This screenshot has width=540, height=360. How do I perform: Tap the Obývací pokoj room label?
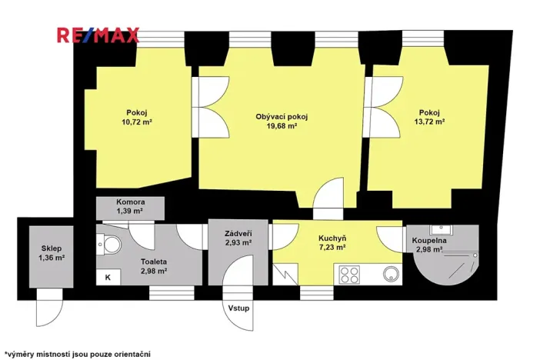click(282, 117)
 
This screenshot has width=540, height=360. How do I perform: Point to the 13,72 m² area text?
click(430, 122)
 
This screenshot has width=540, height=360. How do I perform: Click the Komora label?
click(129, 202)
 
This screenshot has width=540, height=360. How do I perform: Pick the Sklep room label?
click(52, 250)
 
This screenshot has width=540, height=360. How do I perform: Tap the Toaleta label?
click(154, 262)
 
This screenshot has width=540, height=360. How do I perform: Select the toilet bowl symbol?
click(112, 245)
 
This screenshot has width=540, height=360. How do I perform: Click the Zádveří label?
click(239, 234)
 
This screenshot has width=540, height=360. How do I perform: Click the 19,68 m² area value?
click(282, 127)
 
